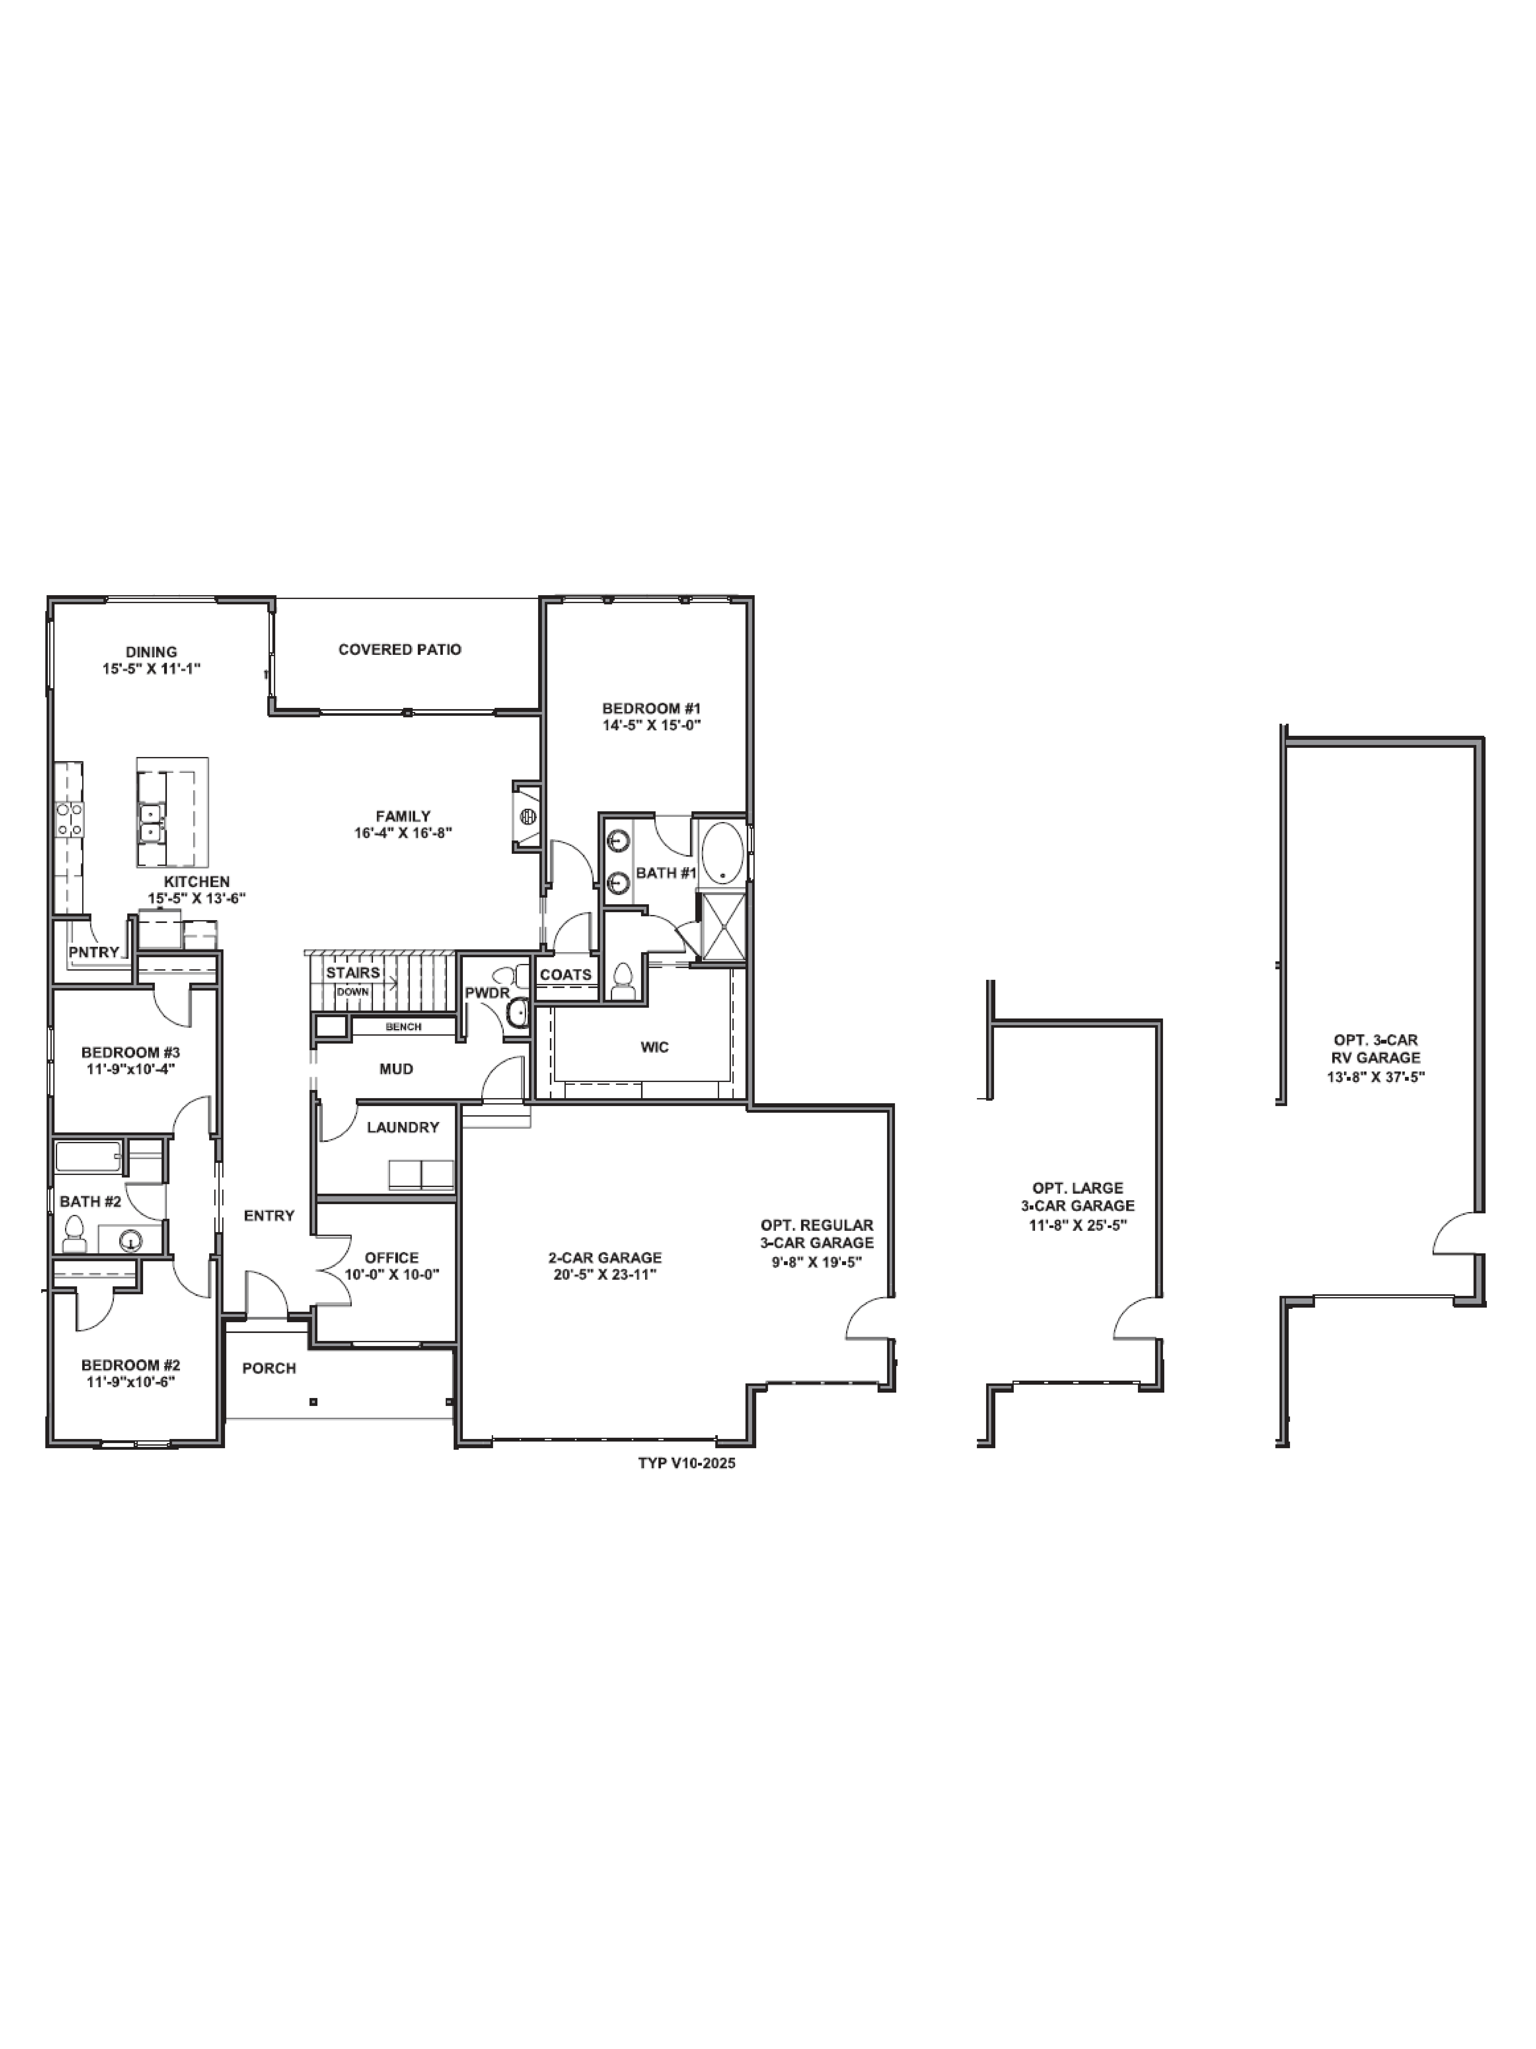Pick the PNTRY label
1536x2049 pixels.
(93, 952)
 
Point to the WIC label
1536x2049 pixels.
(655, 1047)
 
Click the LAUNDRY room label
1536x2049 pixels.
(403, 1127)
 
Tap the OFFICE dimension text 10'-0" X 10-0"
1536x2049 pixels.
(392, 1274)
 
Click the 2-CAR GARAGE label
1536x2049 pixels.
(605, 1257)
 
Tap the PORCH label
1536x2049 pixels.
(269, 1368)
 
